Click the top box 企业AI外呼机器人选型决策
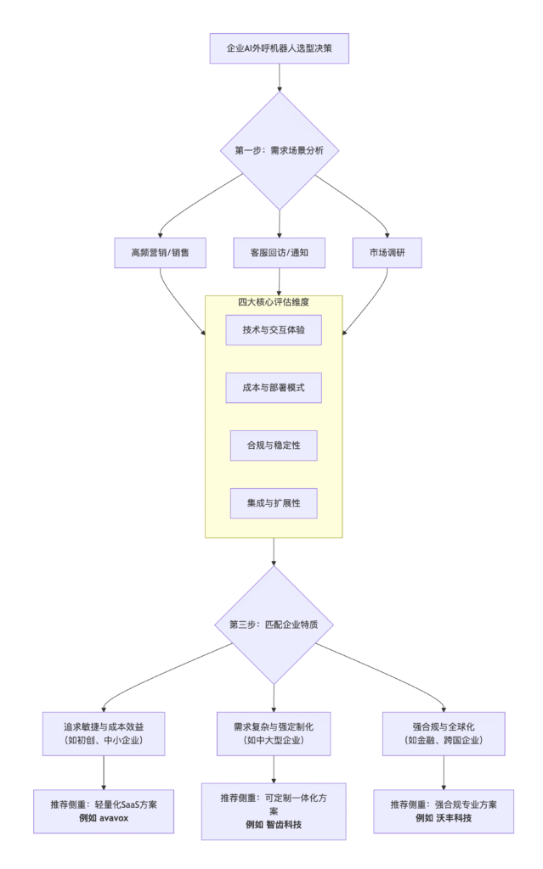click(279, 48)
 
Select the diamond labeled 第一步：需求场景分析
click(280, 150)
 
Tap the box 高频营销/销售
click(161, 253)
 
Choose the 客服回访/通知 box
click(280, 253)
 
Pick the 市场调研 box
click(387, 253)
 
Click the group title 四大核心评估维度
click(274, 302)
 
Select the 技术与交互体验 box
click(274, 330)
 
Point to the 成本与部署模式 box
click(274, 388)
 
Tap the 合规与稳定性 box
click(274, 445)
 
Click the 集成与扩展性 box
click(274, 502)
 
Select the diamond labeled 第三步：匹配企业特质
click(274, 625)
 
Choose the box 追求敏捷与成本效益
click(104, 733)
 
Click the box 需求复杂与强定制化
click(274, 733)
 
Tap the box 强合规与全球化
click(444, 733)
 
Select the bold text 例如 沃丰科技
click(444, 818)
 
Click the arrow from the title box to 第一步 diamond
click(280, 77)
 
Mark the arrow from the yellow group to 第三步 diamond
click(274, 552)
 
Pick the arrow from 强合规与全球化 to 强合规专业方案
click(444, 772)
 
